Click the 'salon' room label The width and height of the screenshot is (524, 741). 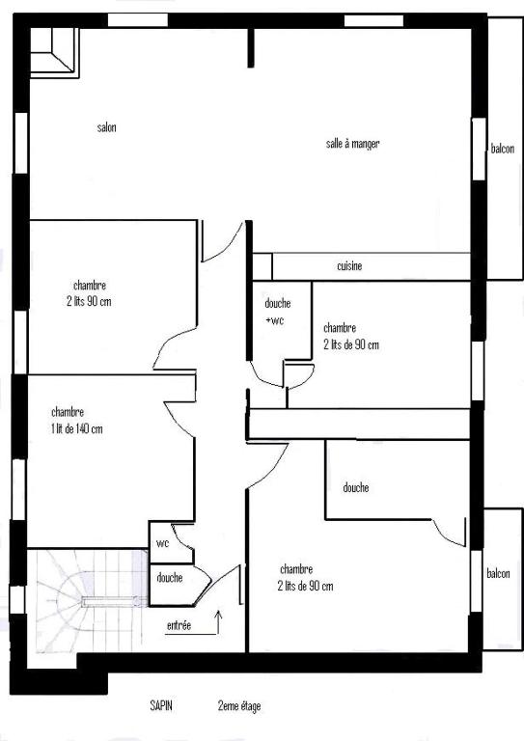(x=107, y=127)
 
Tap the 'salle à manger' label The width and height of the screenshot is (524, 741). (x=352, y=144)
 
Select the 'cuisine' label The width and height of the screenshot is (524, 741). (x=349, y=266)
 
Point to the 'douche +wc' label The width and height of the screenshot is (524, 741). (x=277, y=312)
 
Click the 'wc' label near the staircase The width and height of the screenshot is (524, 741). (x=162, y=543)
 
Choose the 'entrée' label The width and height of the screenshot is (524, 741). (x=179, y=625)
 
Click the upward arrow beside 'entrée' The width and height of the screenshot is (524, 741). (x=218, y=622)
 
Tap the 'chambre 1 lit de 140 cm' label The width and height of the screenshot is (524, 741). (x=76, y=421)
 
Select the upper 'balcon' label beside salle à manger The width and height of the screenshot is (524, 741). (x=502, y=149)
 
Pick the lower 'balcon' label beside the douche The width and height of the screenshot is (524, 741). (x=498, y=573)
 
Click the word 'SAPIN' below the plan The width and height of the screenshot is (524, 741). (x=161, y=705)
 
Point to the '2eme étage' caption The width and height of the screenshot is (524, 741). (x=239, y=706)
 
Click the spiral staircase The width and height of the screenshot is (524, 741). (x=90, y=601)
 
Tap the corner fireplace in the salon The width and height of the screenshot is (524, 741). (x=54, y=52)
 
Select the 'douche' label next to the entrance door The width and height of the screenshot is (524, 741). (x=170, y=578)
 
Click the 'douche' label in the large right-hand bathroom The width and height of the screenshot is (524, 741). (x=356, y=487)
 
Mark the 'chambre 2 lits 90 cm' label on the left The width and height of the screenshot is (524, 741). (x=90, y=293)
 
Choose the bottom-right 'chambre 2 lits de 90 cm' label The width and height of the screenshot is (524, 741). (x=305, y=578)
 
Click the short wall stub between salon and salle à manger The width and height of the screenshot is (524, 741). (x=251, y=47)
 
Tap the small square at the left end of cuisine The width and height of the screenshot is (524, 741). (x=262, y=267)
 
